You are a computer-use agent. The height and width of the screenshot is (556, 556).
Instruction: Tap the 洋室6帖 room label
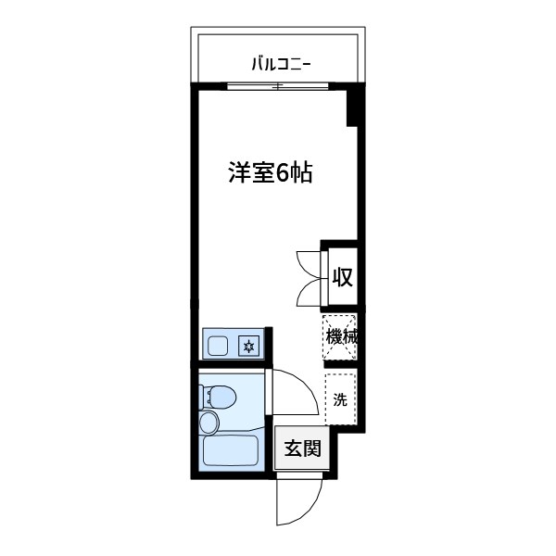(x=270, y=173)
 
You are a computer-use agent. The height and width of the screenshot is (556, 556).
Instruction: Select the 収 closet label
(x=342, y=276)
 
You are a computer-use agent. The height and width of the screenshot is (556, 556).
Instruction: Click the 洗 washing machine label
(x=340, y=400)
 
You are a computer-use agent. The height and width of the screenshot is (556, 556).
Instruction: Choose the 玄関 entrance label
(x=302, y=449)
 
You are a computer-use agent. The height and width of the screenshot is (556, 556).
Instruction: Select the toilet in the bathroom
(x=220, y=398)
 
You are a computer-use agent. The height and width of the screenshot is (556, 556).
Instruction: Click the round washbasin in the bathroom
(x=210, y=423)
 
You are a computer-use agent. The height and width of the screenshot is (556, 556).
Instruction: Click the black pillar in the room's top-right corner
(x=353, y=107)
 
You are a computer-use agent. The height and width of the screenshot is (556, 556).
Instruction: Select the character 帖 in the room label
(x=298, y=173)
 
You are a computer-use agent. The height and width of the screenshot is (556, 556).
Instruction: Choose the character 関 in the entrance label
(x=312, y=449)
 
